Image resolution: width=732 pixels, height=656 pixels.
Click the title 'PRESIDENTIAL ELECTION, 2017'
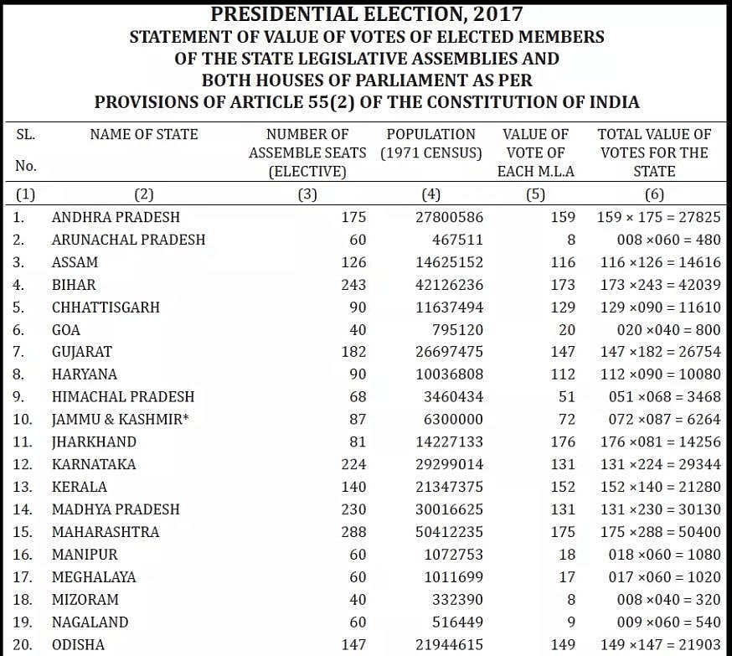366,14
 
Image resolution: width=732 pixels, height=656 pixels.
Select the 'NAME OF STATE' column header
144,134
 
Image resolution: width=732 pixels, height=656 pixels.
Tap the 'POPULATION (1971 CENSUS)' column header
430,143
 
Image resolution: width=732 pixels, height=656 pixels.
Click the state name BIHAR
74,285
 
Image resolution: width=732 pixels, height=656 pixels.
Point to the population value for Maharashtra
449,532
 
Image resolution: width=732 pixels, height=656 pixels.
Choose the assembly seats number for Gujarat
353,352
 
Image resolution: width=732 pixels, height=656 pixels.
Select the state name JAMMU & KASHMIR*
120,420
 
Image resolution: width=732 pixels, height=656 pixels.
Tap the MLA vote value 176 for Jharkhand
563,442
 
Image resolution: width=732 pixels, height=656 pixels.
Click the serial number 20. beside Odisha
25,645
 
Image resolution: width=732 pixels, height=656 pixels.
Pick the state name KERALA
80,488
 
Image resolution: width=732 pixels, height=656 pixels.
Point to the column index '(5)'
535,195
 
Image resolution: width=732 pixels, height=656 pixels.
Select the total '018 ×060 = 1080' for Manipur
660,555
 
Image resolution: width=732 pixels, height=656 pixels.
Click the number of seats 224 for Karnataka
353,465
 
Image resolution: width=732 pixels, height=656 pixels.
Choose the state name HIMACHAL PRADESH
123,397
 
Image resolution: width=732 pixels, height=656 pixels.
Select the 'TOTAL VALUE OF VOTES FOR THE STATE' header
654,152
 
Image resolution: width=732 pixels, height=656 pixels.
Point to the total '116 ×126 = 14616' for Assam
660,262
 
